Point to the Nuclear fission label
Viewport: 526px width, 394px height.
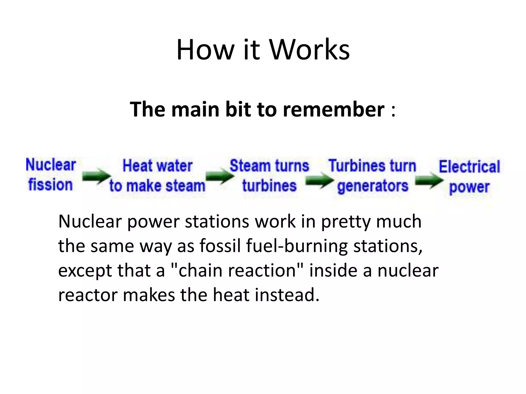tap(51, 175)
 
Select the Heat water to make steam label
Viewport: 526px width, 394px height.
tap(157, 176)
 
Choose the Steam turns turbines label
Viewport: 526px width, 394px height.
tap(269, 176)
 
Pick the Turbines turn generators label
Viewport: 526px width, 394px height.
tap(372, 176)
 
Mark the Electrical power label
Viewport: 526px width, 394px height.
tap(469, 176)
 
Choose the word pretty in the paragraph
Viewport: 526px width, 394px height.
tap(346, 221)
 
